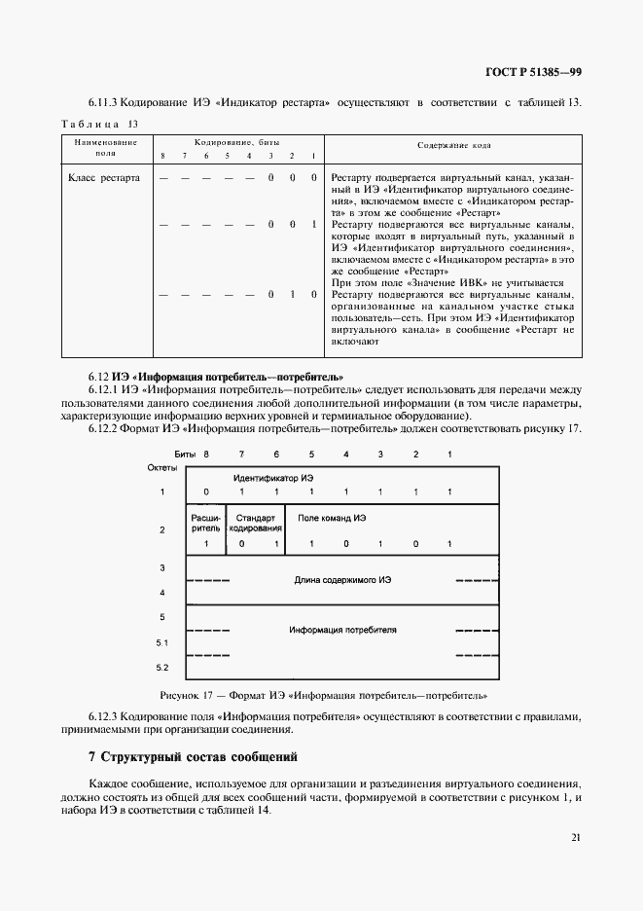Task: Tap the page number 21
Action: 576,837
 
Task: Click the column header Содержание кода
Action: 453,145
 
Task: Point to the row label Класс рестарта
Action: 104,178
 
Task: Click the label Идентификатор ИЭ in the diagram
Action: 273,477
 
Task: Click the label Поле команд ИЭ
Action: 333,520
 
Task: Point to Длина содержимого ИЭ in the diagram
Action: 342,580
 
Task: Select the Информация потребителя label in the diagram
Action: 342,630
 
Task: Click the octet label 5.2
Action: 162,668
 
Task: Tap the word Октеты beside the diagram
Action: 162,468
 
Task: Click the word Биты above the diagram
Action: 185,455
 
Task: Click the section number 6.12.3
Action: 105,716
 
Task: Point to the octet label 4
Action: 162,593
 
